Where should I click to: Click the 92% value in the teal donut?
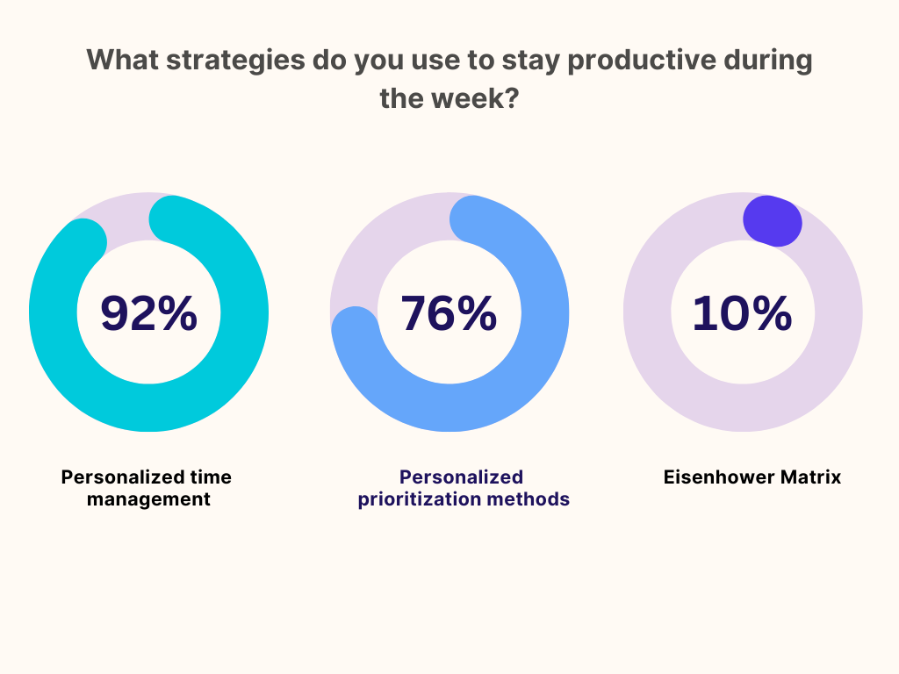tap(149, 313)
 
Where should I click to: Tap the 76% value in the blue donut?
tap(449, 313)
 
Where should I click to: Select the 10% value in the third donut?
tap(743, 313)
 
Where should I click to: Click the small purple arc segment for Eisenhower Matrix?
tap(773, 221)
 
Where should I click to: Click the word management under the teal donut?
tap(148, 499)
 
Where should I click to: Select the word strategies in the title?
tap(235, 61)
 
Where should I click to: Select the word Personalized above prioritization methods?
tap(462, 477)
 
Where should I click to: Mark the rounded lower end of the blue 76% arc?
tap(355, 330)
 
